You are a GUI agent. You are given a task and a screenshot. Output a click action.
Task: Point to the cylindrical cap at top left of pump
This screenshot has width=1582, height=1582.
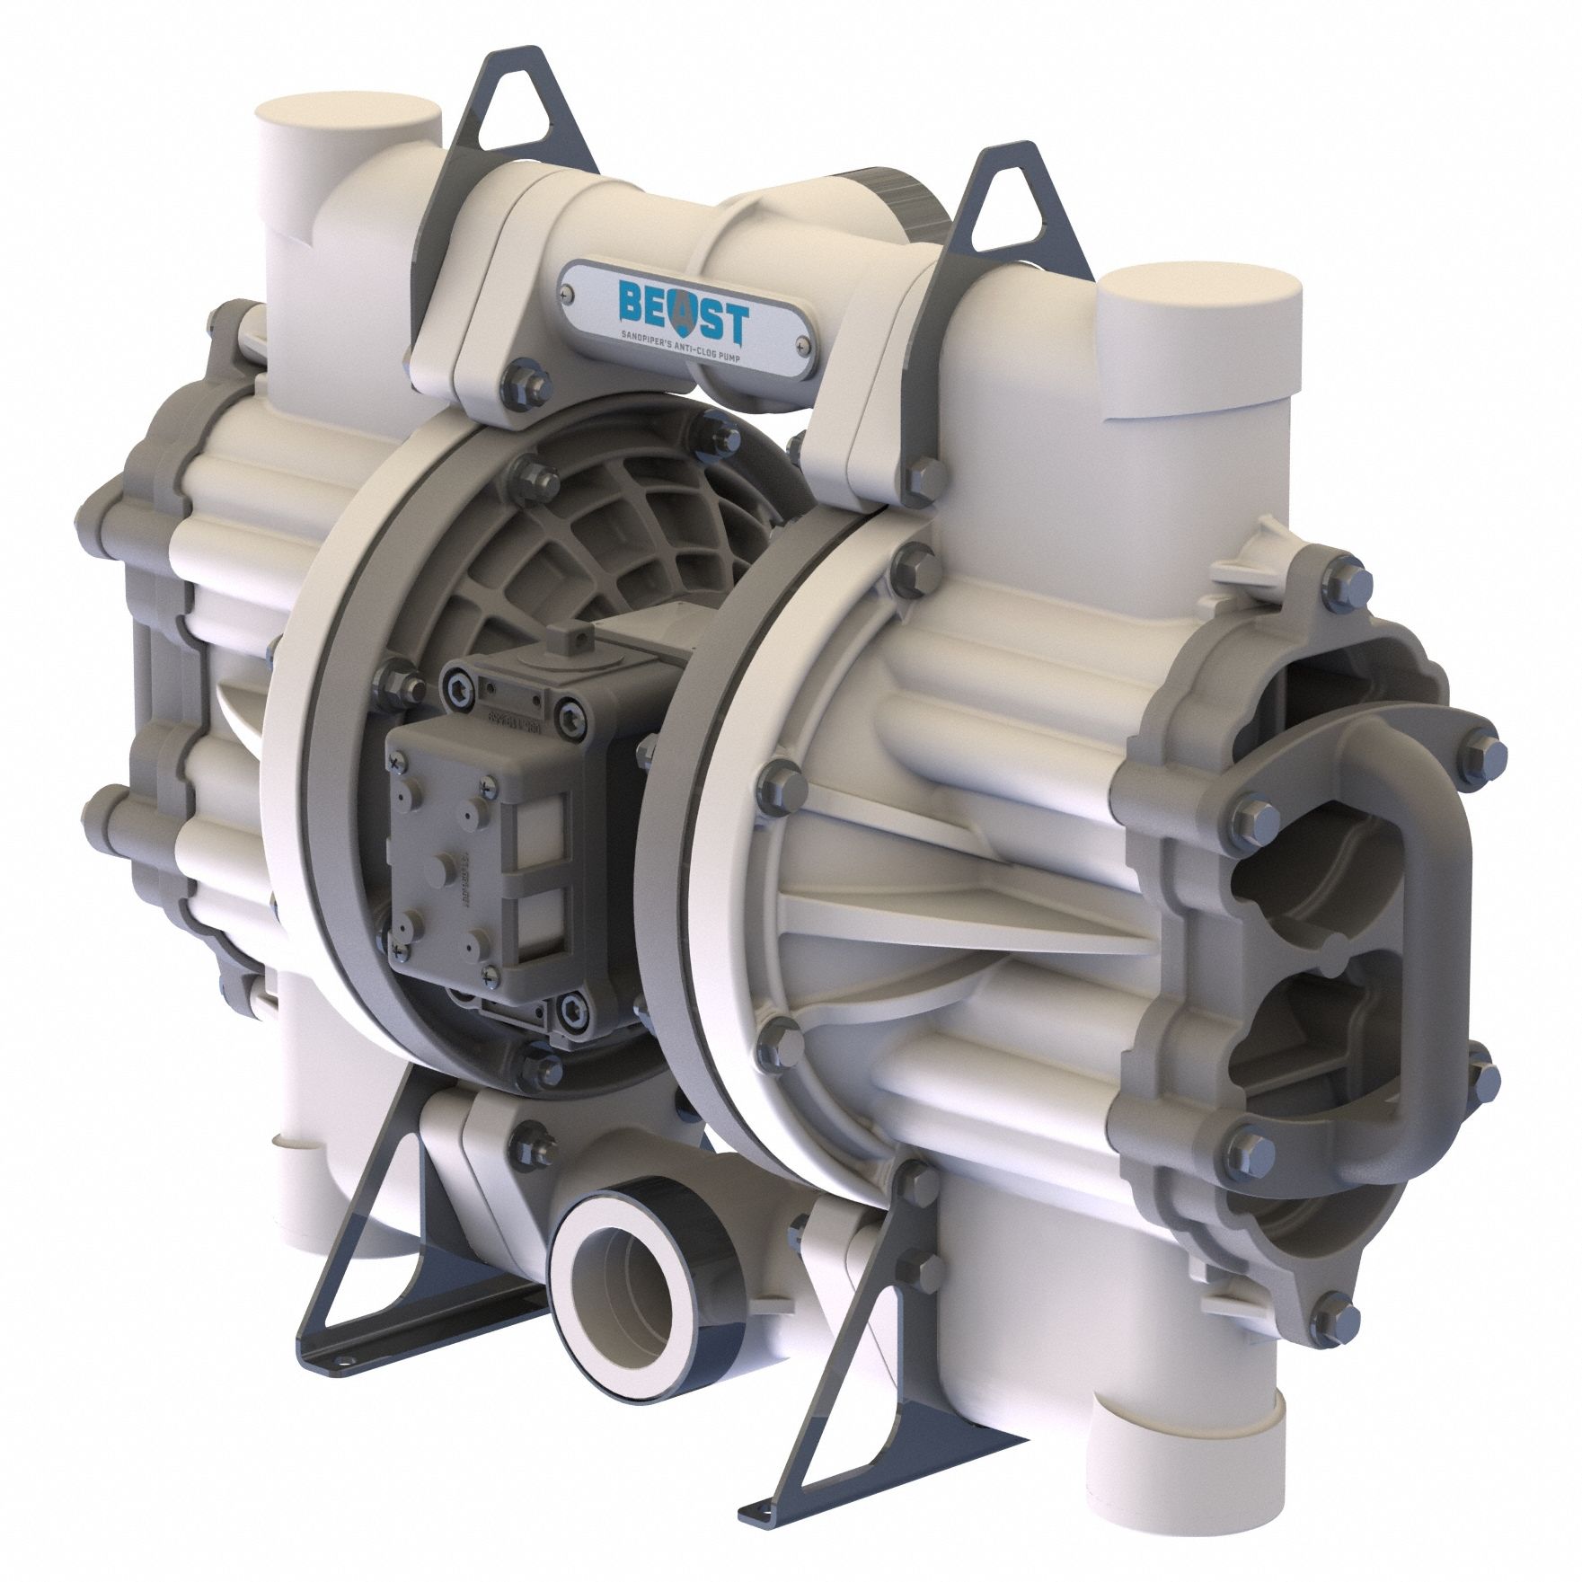[x=349, y=122]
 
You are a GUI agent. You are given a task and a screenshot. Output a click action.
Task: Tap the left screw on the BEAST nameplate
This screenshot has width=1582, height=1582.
[x=564, y=291]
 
